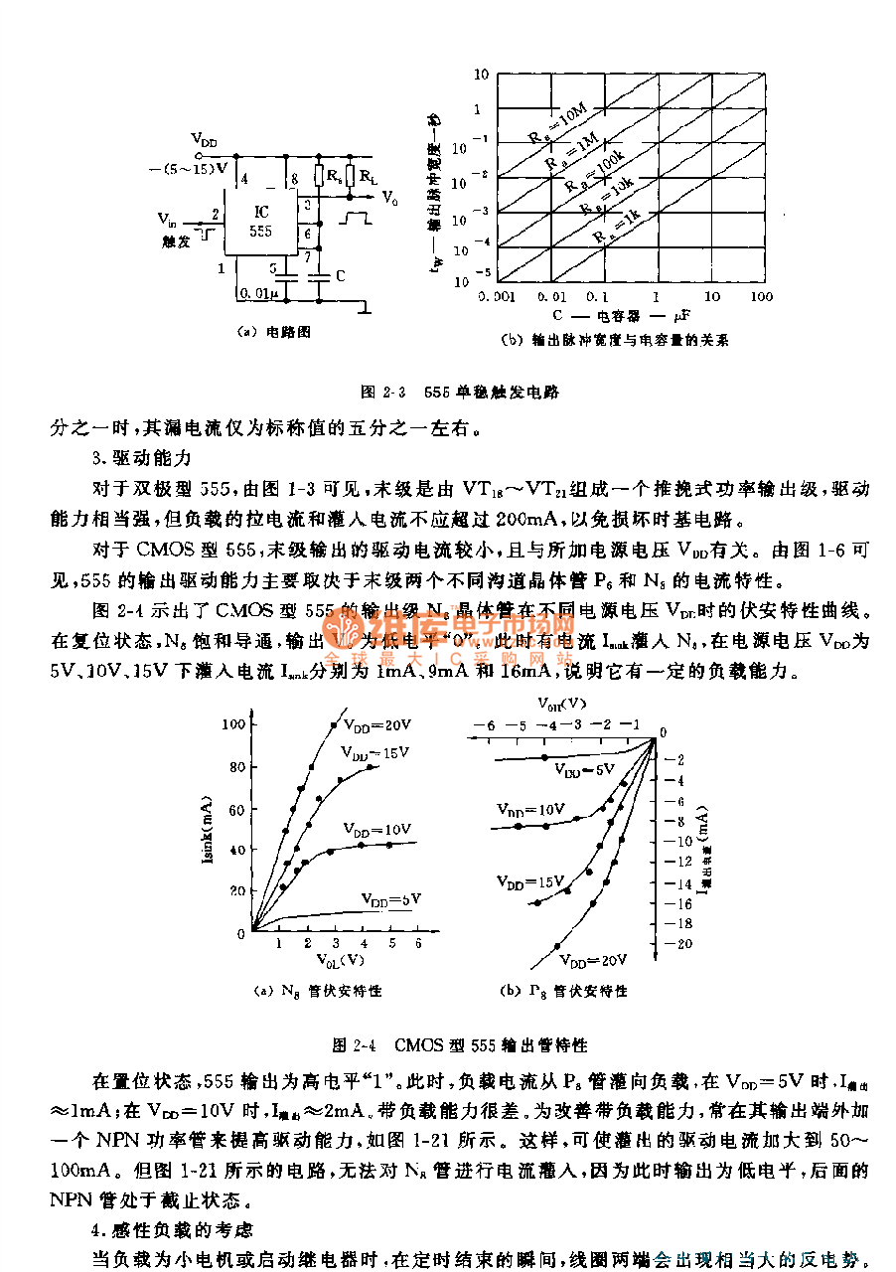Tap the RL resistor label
click(x=369, y=177)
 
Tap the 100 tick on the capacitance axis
click(x=761, y=296)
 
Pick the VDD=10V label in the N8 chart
click(x=377, y=828)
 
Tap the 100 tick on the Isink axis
click(x=232, y=723)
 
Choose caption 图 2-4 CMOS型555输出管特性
click(x=460, y=1045)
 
